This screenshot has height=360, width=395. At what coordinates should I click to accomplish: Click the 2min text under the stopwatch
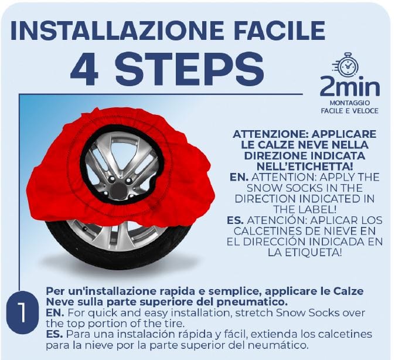tap(349, 87)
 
